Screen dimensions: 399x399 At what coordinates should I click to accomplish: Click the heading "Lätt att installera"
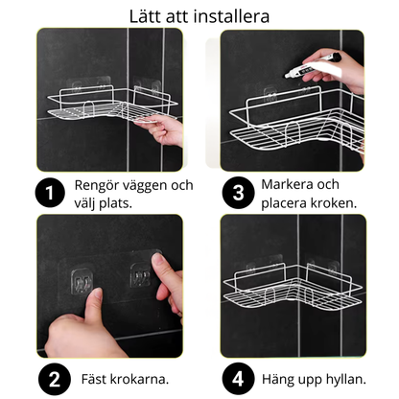[x=199, y=15]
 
